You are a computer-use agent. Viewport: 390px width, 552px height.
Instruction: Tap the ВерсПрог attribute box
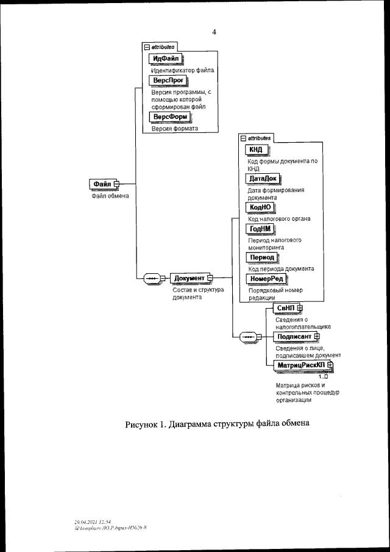click(x=167, y=81)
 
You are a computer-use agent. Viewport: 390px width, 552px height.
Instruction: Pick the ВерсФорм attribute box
click(x=168, y=117)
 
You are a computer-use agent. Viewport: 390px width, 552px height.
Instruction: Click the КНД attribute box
click(x=256, y=150)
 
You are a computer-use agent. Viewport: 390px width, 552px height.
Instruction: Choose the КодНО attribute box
click(x=260, y=207)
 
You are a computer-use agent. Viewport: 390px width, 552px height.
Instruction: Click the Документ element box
click(x=189, y=278)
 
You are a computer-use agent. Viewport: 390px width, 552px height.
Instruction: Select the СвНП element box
click(x=285, y=309)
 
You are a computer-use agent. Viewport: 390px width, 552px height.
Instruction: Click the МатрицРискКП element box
click(x=301, y=365)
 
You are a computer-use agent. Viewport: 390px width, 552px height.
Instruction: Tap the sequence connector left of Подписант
click(x=247, y=337)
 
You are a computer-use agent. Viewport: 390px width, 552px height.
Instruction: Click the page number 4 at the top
click(x=214, y=32)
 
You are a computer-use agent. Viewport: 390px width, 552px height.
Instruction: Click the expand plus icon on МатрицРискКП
click(x=330, y=365)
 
